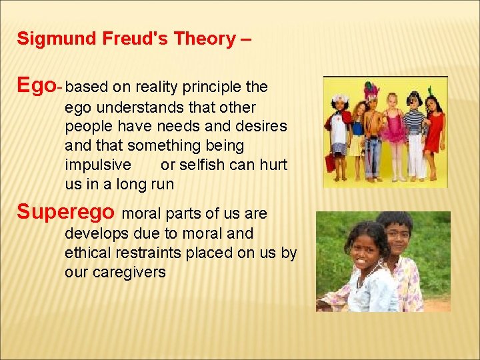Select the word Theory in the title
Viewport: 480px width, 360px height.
pos(204,39)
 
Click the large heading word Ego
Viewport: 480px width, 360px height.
pos(36,85)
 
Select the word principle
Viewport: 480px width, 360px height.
pos(213,87)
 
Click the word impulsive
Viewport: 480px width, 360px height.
pos(98,165)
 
